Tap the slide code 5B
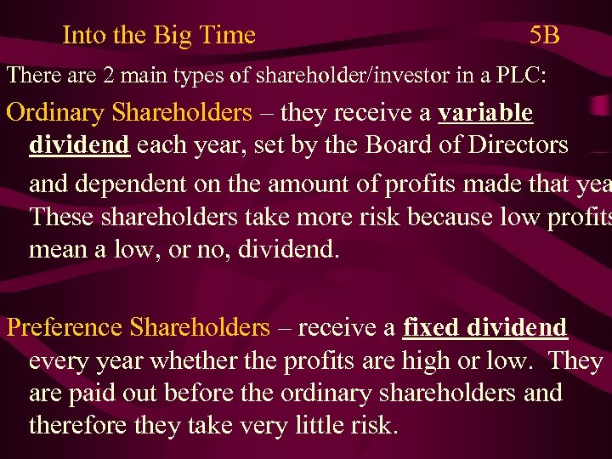click(x=544, y=35)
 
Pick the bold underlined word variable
click(x=485, y=112)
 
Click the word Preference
click(x=64, y=327)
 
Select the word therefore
click(x=79, y=424)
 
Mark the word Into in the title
click(x=82, y=35)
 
